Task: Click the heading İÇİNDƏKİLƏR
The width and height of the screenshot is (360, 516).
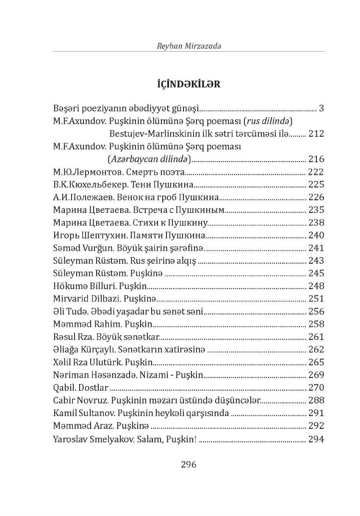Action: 188,84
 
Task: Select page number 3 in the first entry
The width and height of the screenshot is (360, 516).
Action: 321,108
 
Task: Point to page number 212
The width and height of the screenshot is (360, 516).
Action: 316,134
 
